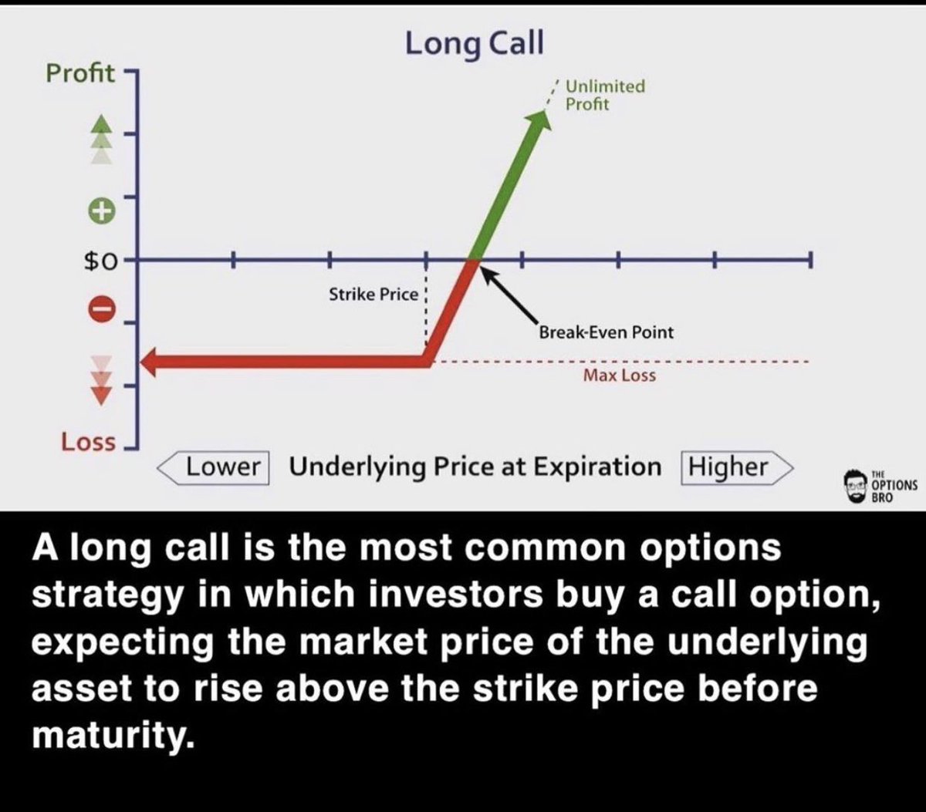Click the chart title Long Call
pos(474,42)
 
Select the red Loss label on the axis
pos(88,442)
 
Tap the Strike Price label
pos(373,294)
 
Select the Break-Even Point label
pos(606,332)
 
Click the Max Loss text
pos(619,376)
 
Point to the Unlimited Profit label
pos(605,95)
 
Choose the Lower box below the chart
pos(224,467)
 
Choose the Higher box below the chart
pos(728,467)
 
